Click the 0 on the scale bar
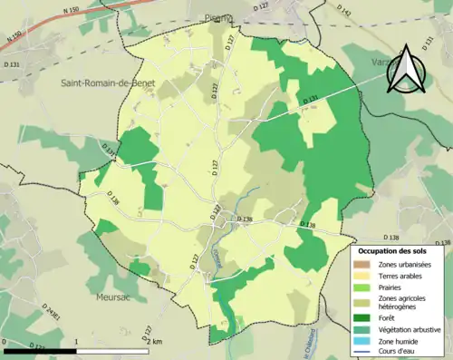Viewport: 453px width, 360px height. (5, 342)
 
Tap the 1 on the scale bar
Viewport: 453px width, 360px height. (77, 342)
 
